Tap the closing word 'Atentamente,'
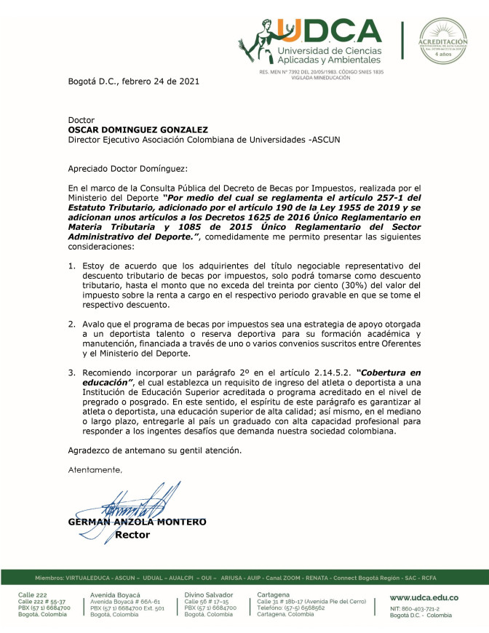coord(95,469)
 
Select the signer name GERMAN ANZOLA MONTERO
coord(137,522)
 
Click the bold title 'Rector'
coord(132,535)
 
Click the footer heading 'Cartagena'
coord(274,594)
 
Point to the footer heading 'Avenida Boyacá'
coord(115,594)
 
